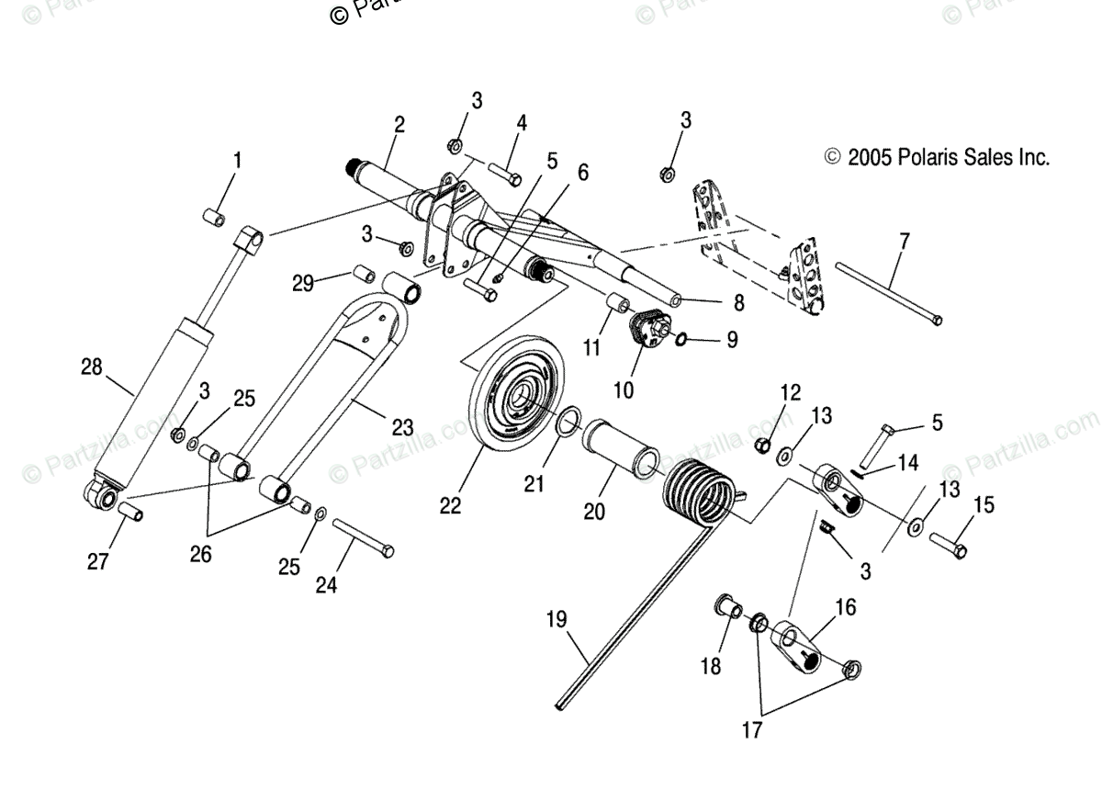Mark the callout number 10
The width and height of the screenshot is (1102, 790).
(624, 389)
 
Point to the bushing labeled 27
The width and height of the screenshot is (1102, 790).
(129, 510)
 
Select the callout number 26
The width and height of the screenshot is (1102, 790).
(200, 555)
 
